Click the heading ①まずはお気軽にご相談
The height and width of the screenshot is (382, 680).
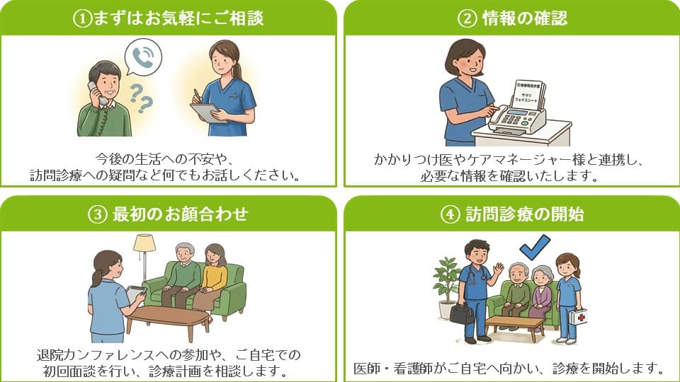(x=168, y=18)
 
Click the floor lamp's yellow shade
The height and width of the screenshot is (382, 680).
(x=144, y=243)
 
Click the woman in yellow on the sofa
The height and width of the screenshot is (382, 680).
(x=212, y=276)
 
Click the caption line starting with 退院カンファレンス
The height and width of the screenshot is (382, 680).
(x=169, y=354)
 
